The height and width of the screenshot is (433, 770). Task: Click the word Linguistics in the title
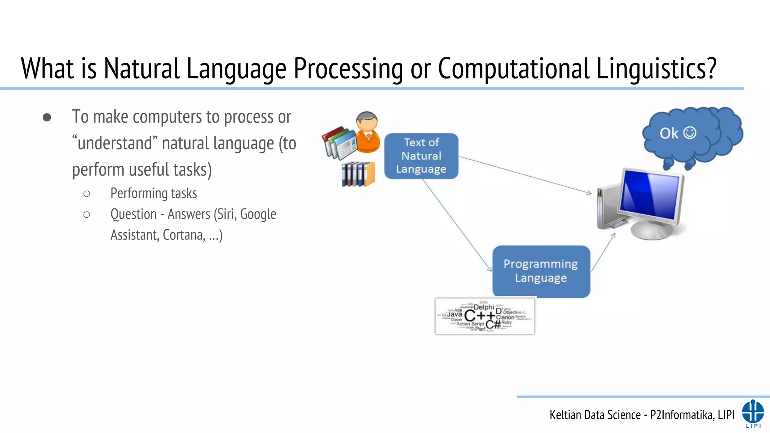pyautogui.click(x=656, y=68)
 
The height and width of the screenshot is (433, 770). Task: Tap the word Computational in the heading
pyautogui.click(x=513, y=68)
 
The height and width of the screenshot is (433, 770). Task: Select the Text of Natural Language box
pyautogui.click(x=421, y=156)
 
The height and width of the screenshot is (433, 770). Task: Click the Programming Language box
pyautogui.click(x=541, y=271)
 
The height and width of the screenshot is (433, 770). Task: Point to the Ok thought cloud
pyautogui.click(x=692, y=135)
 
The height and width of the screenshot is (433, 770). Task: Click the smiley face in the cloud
pyautogui.click(x=690, y=133)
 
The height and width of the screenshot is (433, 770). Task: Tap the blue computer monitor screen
pyautogui.click(x=650, y=195)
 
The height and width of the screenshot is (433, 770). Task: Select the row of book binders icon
pyautogui.click(x=358, y=174)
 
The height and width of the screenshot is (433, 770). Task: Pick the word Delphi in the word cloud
pyautogui.click(x=484, y=307)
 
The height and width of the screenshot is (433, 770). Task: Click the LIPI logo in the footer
pyautogui.click(x=753, y=413)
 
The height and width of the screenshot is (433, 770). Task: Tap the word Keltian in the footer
pyautogui.click(x=565, y=415)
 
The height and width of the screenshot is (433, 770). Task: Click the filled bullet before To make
pyautogui.click(x=47, y=117)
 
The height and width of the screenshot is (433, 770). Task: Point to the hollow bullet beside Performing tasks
pyautogui.click(x=86, y=194)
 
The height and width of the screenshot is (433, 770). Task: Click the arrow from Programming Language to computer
pyautogui.click(x=603, y=252)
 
